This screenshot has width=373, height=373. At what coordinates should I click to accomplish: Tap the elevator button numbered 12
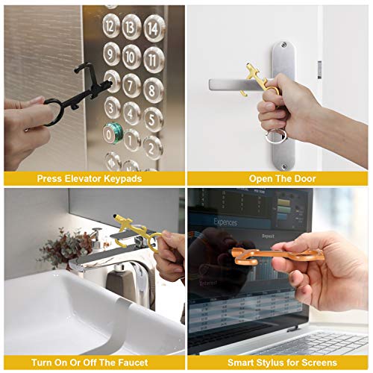[x=112, y=28]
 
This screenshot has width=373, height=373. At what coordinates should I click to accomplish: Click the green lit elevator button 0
[x=110, y=134]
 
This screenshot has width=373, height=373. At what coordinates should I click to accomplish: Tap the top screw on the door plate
[x=283, y=46]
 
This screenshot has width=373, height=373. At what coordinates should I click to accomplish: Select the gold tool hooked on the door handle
[x=257, y=78]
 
